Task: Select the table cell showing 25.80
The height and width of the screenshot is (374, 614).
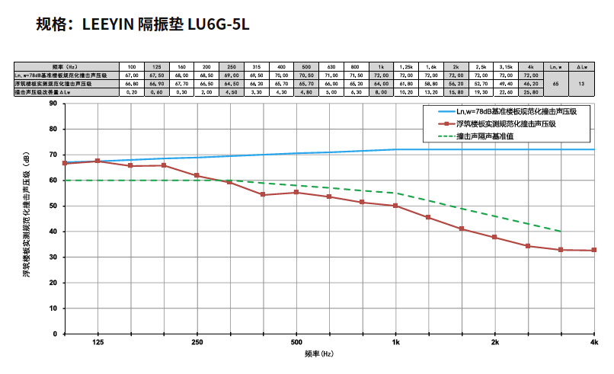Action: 531,92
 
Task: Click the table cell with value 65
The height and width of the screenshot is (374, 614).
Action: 555,84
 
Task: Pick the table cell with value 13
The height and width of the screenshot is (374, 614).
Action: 581,84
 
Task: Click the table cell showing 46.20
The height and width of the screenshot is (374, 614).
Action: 531,84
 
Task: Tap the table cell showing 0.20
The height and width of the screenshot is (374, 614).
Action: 132,92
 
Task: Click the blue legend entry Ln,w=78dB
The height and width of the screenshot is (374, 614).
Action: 515,111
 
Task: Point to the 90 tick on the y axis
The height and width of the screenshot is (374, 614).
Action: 53,104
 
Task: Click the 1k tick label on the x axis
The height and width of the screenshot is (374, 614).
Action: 395,344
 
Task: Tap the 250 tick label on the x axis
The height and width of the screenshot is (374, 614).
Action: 197,344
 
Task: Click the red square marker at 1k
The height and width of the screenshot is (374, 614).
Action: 395,206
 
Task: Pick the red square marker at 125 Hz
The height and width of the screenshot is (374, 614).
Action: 97,161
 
